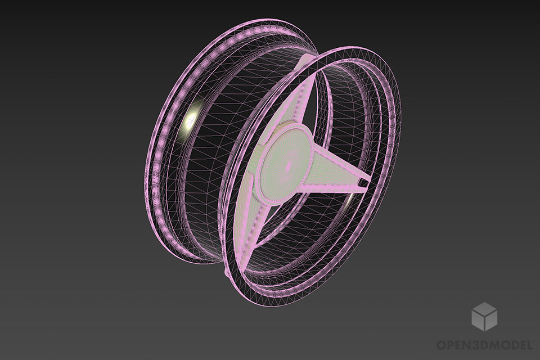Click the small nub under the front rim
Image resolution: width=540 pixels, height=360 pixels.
[x=226, y=273]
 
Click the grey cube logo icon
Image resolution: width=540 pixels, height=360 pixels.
[x=484, y=316]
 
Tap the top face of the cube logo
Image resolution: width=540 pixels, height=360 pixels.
[x=484, y=308]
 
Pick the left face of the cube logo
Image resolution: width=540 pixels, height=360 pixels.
[x=478, y=321]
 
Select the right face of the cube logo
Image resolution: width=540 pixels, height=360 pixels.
[x=490, y=321]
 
